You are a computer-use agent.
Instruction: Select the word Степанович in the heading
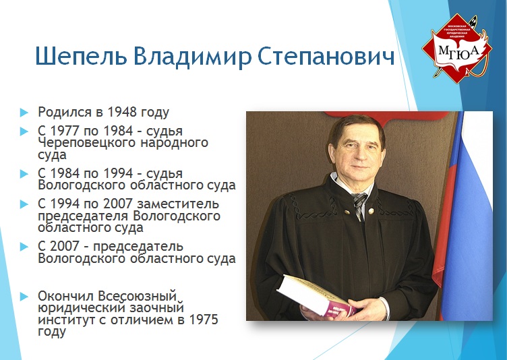pos(326,56)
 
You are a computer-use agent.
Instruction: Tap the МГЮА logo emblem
pos(457,48)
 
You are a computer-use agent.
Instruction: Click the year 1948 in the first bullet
pos(121,112)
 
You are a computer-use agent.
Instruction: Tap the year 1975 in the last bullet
pos(204,320)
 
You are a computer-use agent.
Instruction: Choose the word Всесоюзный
pos(138,296)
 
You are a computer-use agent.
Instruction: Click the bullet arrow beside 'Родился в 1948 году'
pos(24,113)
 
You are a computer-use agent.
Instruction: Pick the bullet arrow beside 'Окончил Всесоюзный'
pos(24,297)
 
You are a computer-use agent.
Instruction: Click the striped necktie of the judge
pos(359,206)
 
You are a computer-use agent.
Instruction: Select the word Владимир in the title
pos(192,56)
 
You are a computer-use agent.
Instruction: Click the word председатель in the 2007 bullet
pos(138,247)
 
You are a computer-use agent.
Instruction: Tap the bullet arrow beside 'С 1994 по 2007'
pos(24,204)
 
